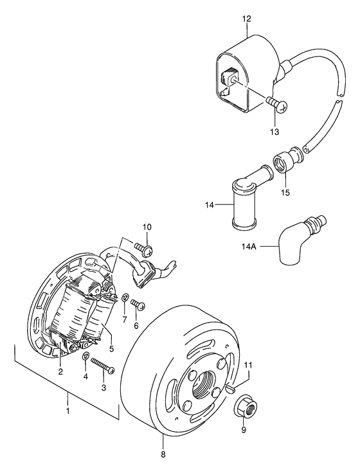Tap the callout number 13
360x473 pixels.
[274, 132]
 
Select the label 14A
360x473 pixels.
[249, 247]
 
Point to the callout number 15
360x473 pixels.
[285, 192]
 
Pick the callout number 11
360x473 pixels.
[248, 365]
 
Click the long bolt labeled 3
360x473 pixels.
[103, 364]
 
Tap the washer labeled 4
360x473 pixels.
[85, 356]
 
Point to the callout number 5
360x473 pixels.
[111, 348]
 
